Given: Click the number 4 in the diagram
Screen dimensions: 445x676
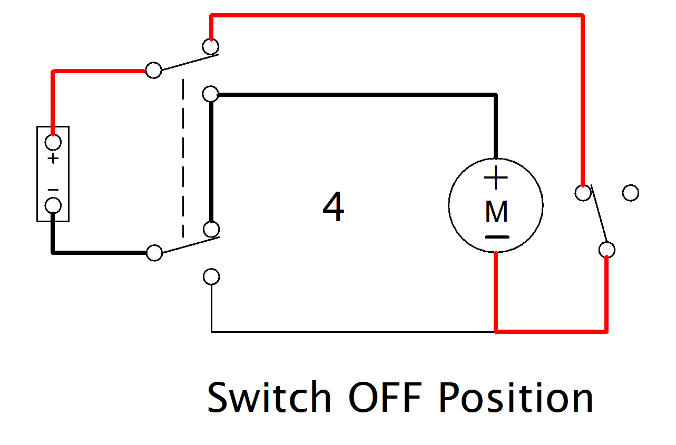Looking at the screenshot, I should click(333, 208).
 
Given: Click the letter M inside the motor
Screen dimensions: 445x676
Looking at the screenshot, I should click(496, 212).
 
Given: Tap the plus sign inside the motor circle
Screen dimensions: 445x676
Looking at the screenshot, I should click(495, 178).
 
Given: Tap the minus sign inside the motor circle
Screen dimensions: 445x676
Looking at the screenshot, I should click(496, 237).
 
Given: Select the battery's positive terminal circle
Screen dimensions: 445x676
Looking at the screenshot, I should click(53, 142).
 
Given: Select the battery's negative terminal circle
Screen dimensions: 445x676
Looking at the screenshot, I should click(53, 205).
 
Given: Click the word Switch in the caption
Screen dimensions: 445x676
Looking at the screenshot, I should click(269, 398).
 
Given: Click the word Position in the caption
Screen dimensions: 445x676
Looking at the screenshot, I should click(516, 398).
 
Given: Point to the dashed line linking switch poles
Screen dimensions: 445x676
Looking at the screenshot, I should click(183, 158).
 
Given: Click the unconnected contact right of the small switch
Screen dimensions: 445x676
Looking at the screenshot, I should click(630, 193).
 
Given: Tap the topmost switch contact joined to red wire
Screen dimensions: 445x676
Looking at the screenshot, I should click(211, 47).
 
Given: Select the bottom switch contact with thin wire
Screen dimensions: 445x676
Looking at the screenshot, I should click(211, 276).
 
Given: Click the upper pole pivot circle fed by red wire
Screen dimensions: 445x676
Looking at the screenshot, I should click(153, 70).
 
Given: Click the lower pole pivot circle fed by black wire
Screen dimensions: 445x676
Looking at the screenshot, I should click(154, 253).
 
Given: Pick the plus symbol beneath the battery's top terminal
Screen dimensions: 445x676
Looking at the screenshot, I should click(53, 159).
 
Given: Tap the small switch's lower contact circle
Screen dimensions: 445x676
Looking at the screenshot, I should click(606, 249).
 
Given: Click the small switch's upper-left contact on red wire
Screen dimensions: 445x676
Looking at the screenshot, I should click(582, 193).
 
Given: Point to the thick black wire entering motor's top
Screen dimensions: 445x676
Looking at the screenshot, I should click(495, 126).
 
